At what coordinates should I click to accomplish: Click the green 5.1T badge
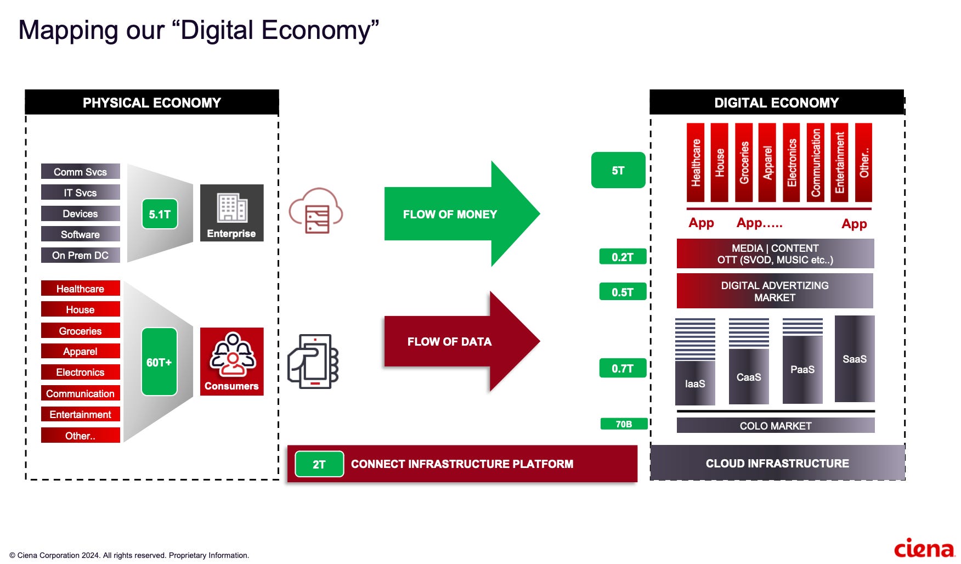pyautogui.click(x=160, y=214)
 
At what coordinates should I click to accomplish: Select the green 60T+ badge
pyautogui.click(x=159, y=362)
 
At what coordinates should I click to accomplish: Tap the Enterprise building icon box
pyautogui.click(x=231, y=213)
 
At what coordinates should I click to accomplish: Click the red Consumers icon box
pyautogui.click(x=231, y=362)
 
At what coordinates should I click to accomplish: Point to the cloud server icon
pyautogui.click(x=316, y=211)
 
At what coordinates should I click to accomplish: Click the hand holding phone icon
pyautogui.click(x=313, y=362)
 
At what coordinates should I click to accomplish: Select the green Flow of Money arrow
pyautogui.click(x=461, y=214)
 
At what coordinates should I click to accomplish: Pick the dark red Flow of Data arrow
pyautogui.click(x=461, y=341)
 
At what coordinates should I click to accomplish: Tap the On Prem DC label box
pyautogui.click(x=80, y=256)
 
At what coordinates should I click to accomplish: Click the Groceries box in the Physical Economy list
pyautogui.click(x=80, y=331)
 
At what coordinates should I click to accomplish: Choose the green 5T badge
pyautogui.click(x=618, y=171)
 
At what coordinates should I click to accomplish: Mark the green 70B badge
pyautogui.click(x=624, y=424)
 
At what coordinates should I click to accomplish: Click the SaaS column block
pyautogui.click(x=854, y=359)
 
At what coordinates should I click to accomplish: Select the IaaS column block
pyautogui.click(x=695, y=383)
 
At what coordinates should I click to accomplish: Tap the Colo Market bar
pyautogui.click(x=775, y=426)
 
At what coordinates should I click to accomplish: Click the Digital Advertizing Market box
pyautogui.click(x=775, y=291)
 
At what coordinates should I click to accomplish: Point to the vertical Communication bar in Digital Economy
pyautogui.click(x=816, y=162)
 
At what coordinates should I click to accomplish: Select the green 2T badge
pyautogui.click(x=319, y=464)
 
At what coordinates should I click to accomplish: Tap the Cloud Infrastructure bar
pyautogui.click(x=777, y=464)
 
